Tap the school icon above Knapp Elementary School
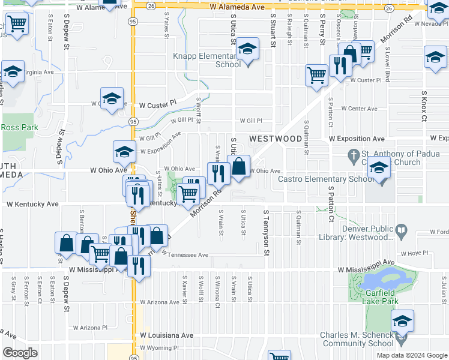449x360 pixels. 247,50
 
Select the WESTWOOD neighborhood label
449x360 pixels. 276,139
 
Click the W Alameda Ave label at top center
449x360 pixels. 238,7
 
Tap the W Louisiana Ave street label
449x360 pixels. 167,335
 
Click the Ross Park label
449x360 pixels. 19,127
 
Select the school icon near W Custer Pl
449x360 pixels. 112,98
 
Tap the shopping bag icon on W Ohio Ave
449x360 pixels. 239,167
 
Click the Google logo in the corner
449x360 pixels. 20,353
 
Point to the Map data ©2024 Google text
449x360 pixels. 412,355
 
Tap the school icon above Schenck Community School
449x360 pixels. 403,321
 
